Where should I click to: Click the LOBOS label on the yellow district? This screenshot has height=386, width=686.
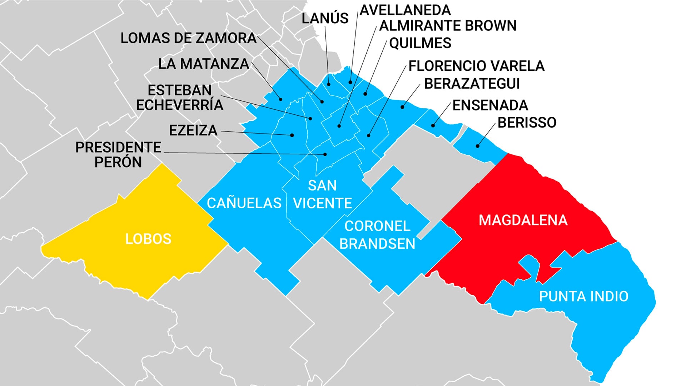(148, 239)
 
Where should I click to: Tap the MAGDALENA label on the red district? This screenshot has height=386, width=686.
(523, 220)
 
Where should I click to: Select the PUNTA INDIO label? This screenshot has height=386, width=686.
(583, 296)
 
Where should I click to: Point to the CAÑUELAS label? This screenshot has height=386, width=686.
(244, 203)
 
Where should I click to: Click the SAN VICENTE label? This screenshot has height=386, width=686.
(322, 194)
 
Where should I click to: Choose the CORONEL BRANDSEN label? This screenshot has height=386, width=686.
(377, 235)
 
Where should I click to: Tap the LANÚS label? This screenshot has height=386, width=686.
(325, 18)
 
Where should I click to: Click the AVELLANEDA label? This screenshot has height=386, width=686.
(405, 10)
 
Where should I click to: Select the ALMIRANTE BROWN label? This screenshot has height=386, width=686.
(448, 26)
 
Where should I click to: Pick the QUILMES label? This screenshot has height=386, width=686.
(420, 43)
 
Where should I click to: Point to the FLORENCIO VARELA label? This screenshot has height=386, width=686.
(476, 66)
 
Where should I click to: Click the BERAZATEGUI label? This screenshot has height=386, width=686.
(472, 84)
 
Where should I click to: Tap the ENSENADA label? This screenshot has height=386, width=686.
(490, 105)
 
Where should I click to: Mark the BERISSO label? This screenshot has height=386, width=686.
(527, 123)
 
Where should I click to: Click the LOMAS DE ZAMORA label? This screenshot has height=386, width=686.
(188, 38)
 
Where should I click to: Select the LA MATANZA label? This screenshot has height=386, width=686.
(204, 64)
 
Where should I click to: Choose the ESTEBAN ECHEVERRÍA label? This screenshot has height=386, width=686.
(180, 98)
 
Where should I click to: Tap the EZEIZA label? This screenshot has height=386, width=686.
(193, 130)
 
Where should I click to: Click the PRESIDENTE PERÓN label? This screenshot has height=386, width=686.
(118, 155)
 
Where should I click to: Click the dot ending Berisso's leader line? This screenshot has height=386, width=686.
(478, 146)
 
